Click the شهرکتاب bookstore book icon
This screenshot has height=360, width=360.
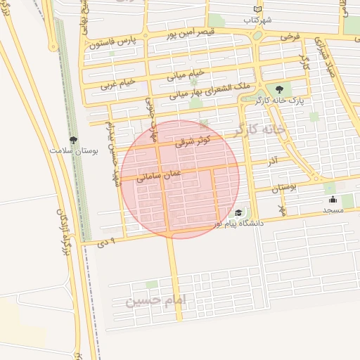259,9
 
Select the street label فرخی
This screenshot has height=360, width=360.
289,34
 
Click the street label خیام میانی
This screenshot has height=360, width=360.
186,72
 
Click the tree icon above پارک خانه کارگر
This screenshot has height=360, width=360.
280,89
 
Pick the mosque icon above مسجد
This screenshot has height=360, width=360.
333,200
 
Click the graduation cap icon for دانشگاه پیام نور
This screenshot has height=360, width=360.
239,212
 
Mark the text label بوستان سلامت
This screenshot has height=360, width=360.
74,150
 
